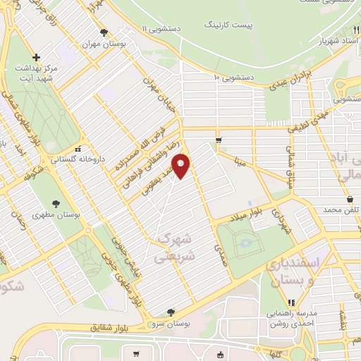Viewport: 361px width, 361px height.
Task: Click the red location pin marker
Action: (181, 166)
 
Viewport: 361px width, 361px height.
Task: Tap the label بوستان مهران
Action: (104, 44)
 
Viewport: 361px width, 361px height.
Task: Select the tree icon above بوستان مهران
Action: (104, 32)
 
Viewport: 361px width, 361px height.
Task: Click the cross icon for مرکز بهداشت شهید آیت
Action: (37, 57)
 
